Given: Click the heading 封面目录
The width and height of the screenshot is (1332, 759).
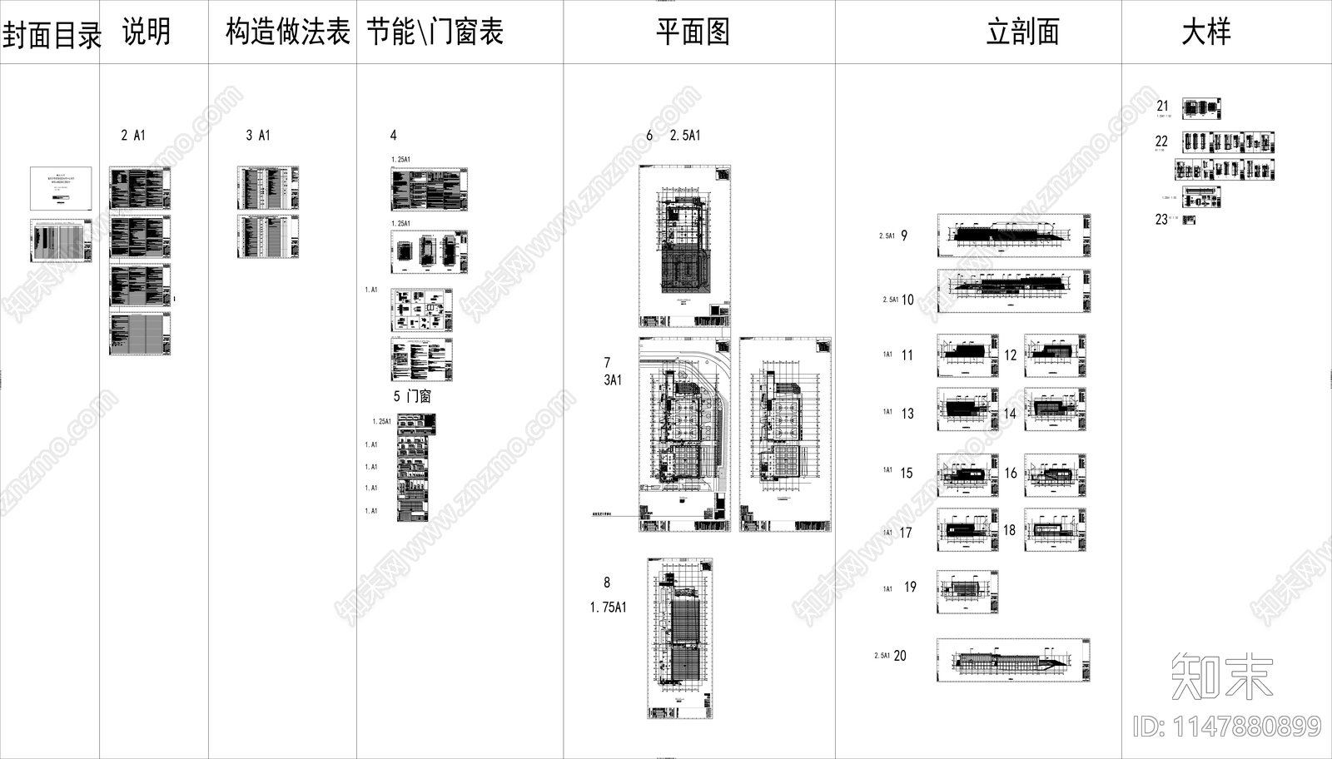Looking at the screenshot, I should pyautogui.click(x=52, y=36).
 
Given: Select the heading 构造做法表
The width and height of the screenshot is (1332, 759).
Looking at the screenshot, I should pyautogui.click(x=288, y=32).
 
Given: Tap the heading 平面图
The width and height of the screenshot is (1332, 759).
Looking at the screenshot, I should pyautogui.click(x=693, y=32).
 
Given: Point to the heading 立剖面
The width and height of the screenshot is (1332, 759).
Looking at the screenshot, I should pyautogui.click(x=1022, y=32).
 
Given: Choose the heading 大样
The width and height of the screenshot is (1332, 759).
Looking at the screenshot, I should pyautogui.click(x=1205, y=32).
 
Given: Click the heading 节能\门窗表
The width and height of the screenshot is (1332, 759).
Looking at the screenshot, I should pyautogui.click(x=435, y=32).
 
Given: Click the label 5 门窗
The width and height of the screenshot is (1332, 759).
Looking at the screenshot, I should pyautogui.click(x=412, y=396).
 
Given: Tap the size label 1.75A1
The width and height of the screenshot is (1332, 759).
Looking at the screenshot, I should pyautogui.click(x=609, y=608).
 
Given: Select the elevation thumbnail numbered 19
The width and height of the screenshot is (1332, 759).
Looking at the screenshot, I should pyautogui.click(x=967, y=592).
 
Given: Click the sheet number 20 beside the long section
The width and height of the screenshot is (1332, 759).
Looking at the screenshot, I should pyautogui.click(x=900, y=656).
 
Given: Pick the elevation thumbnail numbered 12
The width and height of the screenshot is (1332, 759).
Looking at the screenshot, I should pyautogui.click(x=1055, y=355).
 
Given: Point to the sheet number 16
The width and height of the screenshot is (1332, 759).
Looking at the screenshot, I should pyautogui.click(x=1010, y=473).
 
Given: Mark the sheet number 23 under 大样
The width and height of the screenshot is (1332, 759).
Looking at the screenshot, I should pyautogui.click(x=1161, y=220).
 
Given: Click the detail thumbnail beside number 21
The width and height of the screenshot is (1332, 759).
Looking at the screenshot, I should pyautogui.click(x=1201, y=108).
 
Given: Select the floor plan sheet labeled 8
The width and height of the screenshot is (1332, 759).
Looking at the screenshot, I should pyautogui.click(x=679, y=638).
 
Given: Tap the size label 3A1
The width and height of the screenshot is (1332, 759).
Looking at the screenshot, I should pyautogui.click(x=613, y=380).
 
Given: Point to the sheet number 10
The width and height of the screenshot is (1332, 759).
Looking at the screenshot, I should pyautogui.click(x=907, y=300).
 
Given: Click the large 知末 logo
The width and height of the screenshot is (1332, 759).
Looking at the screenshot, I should pyautogui.click(x=1221, y=676).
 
